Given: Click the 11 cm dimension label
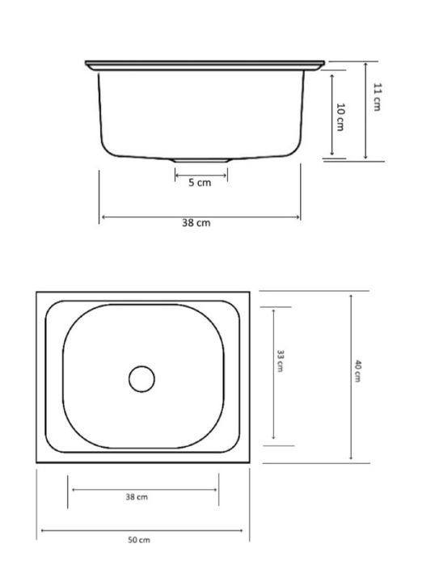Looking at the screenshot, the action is click(377, 97).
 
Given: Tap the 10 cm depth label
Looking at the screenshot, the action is click(340, 117).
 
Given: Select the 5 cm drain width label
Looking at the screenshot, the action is click(200, 183).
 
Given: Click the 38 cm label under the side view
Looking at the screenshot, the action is click(196, 222).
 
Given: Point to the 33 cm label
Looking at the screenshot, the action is click(281, 361).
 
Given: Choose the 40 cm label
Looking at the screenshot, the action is click(357, 371).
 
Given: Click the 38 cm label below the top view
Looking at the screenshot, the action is click(137, 497).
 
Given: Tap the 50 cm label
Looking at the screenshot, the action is click(139, 540).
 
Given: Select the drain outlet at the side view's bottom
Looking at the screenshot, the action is click(201, 160).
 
